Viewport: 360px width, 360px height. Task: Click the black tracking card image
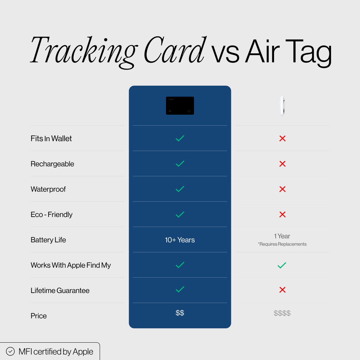point(180,106)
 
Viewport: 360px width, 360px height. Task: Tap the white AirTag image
point(282,106)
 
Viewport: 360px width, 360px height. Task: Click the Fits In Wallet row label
point(51,139)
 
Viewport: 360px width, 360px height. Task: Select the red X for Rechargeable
point(282,164)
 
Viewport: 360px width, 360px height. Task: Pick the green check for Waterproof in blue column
point(180,189)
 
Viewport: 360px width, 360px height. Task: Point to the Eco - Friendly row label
point(52,215)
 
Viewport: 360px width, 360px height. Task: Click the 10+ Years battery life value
point(180,240)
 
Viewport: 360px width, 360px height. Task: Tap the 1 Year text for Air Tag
point(282,236)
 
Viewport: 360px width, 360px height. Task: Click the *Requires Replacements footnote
point(282,244)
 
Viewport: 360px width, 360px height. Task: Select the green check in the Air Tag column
point(282,265)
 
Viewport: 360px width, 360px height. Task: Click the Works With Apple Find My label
point(71,265)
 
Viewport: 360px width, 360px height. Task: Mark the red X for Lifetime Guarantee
point(282,290)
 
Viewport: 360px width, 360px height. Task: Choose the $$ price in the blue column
point(180,313)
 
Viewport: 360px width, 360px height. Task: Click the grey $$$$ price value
point(282,313)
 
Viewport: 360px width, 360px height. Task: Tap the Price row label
point(39,316)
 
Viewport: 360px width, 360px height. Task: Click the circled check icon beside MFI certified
point(10,351)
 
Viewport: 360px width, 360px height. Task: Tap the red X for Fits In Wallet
point(282,138)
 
